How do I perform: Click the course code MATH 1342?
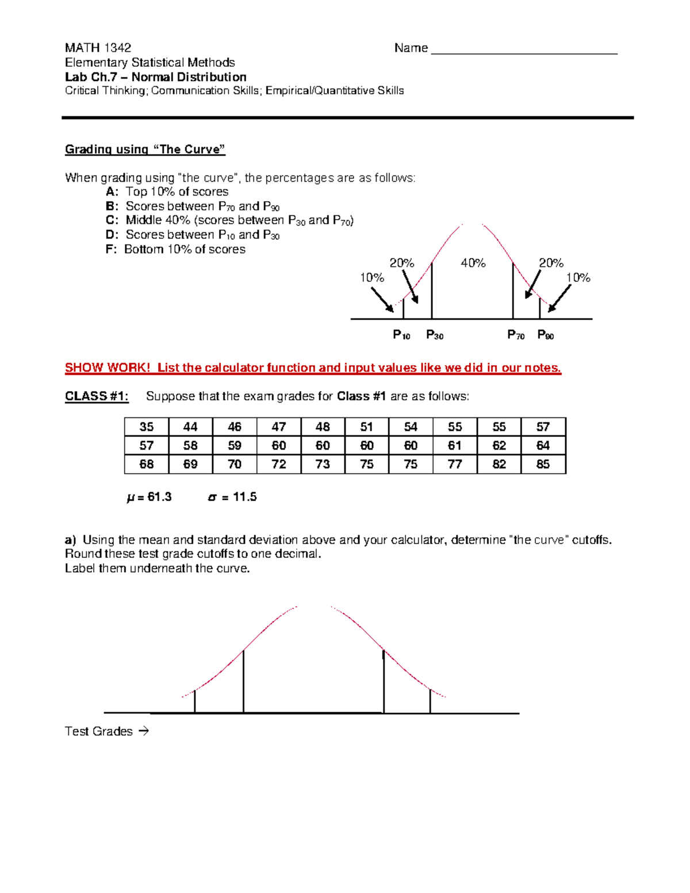point(98,48)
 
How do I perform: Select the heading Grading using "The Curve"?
point(145,150)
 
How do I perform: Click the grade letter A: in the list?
point(112,192)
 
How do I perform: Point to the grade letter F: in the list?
point(112,250)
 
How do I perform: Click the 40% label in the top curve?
point(473,263)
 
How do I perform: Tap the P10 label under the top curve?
point(401,335)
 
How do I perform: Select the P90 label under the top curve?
point(545,335)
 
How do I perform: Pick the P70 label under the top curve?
point(516,335)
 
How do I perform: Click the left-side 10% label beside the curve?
point(371,278)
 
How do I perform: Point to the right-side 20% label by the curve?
point(550,263)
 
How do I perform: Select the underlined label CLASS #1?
point(97,396)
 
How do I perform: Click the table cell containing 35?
point(147,427)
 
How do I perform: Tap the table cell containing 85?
point(543,464)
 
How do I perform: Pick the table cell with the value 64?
point(543,446)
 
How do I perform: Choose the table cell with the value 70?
point(235,464)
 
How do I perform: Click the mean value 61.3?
point(159,497)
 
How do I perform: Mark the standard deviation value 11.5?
point(244,497)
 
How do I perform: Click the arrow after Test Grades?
point(144,731)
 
